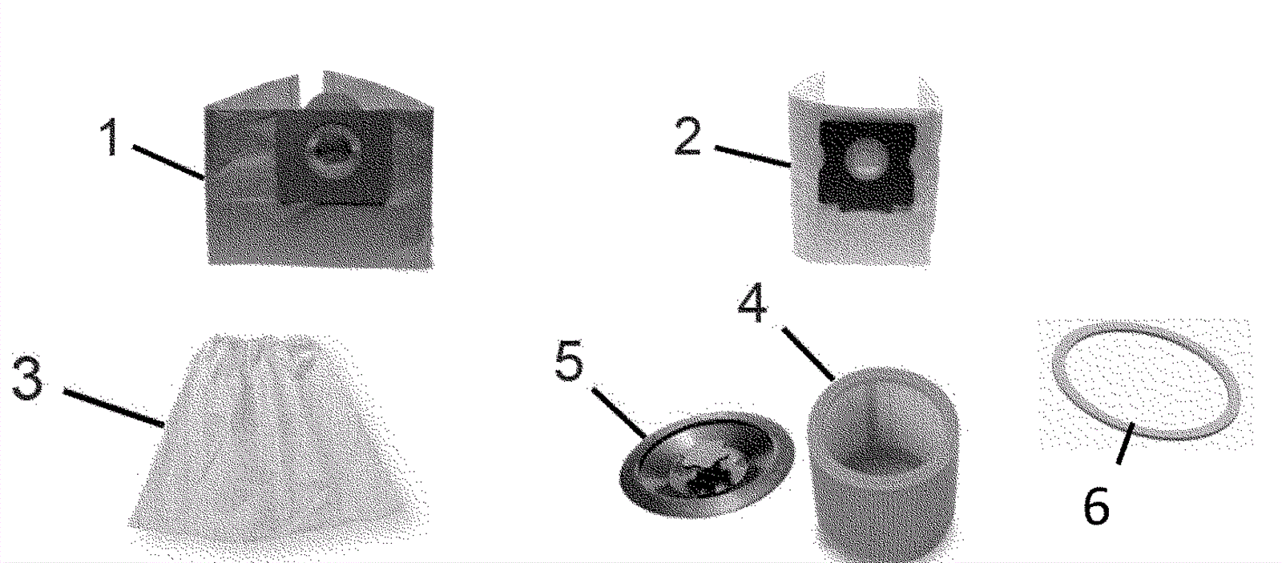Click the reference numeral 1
click(109, 137)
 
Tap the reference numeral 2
click(688, 135)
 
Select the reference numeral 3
click(27, 378)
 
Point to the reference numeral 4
click(752, 303)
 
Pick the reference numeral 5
click(570, 360)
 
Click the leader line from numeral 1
click(168, 163)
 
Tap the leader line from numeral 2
click(752, 156)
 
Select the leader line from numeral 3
click(114, 408)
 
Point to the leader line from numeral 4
click(808, 354)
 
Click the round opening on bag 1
click(333, 151)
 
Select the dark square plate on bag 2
click(867, 163)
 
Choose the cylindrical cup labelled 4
click(885, 464)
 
